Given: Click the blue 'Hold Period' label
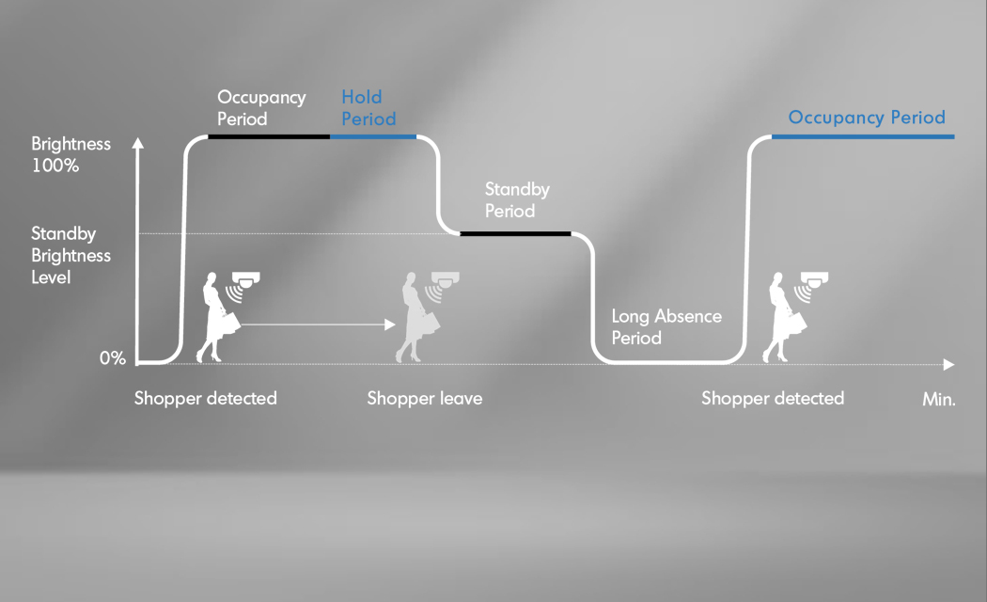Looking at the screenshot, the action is coord(368,107).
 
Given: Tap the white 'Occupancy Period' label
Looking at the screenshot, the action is coord(261,107).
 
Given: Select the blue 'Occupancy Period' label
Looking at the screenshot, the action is coord(867,118).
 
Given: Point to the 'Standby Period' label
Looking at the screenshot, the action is coord(517,199).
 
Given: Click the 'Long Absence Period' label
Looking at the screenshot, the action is coord(666,326).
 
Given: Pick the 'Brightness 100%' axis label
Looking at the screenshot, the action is coord(70,154).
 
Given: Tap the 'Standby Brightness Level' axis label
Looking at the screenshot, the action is coord(70,255).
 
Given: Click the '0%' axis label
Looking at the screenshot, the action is coord(113,358).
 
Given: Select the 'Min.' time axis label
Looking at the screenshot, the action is coord(938,399).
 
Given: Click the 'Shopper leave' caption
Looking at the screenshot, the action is coord(425,399).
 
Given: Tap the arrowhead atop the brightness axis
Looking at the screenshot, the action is coord(138,143).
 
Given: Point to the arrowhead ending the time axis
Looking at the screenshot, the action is coord(949,365).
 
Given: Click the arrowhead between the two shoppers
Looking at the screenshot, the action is coord(390,325).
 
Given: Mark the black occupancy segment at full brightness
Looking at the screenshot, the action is coord(269,136).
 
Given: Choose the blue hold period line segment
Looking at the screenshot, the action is coord(372,136).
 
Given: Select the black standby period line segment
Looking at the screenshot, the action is coord(515,233).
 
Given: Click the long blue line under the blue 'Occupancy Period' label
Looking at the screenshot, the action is coord(863,136).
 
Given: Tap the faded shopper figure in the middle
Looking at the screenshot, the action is coord(415,317).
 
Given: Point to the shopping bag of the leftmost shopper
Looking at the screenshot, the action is coord(230,324).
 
